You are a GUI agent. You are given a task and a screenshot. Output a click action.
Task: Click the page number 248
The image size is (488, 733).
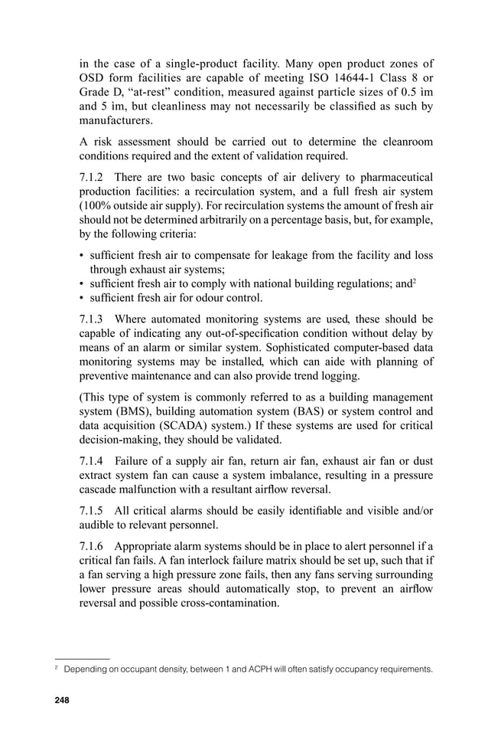59,700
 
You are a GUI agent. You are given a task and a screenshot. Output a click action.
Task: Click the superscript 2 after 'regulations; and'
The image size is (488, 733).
415,280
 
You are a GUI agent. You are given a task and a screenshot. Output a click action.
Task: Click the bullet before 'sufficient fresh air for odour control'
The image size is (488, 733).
82,298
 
